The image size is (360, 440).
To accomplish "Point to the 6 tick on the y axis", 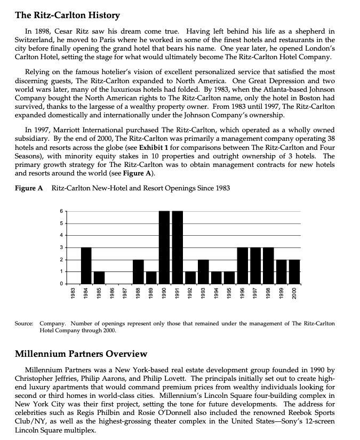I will (x=61, y=211).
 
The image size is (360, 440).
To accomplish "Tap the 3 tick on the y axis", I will (x=61, y=247).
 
